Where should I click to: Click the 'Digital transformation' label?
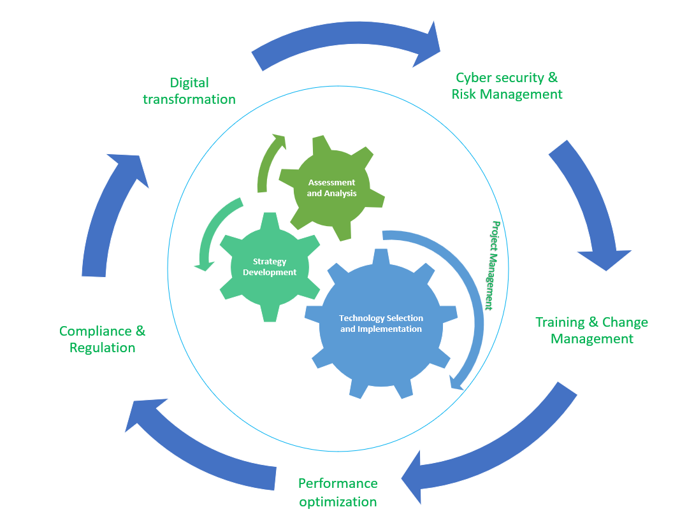pyautogui.click(x=189, y=91)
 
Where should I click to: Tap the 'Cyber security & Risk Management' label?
pyautogui.click(x=507, y=86)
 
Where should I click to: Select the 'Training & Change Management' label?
pyautogui.click(x=591, y=331)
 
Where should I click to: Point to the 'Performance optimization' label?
pyautogui.click(x=338, y=492)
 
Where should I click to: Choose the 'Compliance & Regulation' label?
pyautogui.click(x=103, y=339)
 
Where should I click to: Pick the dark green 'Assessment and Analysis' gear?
pyautogui.click(x=331, y=188)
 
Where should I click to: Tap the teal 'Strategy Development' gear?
pyautogui.click(x=269, y=267)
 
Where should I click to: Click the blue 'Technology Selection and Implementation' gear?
pyautogui.click(x=380, y=324)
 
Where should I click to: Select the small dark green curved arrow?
pyautogui.click(x=267, y=159)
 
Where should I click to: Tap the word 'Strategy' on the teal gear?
pyautogui.click(x=269, y=261)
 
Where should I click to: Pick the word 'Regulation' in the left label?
pyautogui.click(x=103, y=348)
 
